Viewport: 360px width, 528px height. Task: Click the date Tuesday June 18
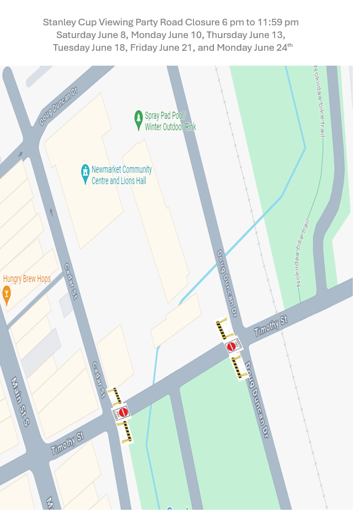pos(91,47)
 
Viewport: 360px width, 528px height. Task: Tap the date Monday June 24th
pos(254,47)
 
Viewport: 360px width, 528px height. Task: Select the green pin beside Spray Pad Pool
pos(138,120)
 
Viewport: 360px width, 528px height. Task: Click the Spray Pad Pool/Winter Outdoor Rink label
pos(170,121)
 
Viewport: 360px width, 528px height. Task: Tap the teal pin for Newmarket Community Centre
pos(85,173)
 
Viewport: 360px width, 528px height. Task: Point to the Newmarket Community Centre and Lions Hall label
pos(121,175)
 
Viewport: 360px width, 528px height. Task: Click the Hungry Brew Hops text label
pos(26,279)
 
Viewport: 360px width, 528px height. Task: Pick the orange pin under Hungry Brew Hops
pos(7,295)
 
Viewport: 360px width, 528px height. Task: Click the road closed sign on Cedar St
pos(123,412)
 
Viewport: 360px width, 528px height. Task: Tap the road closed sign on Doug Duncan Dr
pos(232,346)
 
